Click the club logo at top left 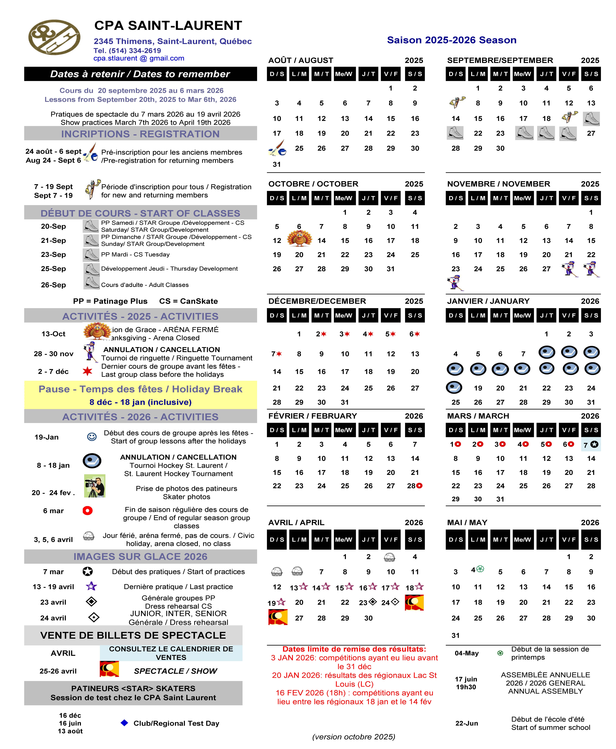54,37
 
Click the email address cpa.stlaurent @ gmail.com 139,58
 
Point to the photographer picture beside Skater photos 94,486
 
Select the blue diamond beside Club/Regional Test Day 124,723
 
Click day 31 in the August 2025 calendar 277,164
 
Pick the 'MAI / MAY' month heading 467,522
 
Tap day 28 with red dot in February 414,486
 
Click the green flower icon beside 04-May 500,653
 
